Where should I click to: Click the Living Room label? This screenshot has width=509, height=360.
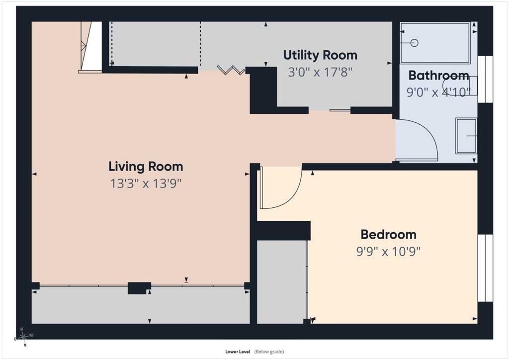(146, 167)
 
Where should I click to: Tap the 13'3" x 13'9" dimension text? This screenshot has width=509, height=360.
(146, 184)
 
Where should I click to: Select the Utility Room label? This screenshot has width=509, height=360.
(320, 55)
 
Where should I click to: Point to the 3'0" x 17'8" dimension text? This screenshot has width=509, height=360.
(320, 72)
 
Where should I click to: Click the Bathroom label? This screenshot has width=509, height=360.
(438, 75)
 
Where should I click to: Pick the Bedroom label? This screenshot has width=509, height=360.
(388, 234)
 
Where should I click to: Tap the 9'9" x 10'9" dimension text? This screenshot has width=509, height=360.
(388, 251)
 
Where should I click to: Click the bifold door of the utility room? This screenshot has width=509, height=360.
(231, 70)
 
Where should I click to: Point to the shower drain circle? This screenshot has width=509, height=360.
(414, 43)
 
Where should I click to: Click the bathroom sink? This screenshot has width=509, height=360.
(466, 136)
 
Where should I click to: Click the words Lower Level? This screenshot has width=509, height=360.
(238, 352)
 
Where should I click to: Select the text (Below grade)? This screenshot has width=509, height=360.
(269, 352)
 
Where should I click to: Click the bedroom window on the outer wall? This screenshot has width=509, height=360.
(485, 268)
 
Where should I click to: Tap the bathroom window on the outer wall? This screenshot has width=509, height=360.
(485, 79)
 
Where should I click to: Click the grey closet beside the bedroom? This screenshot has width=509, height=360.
(282, 282)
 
